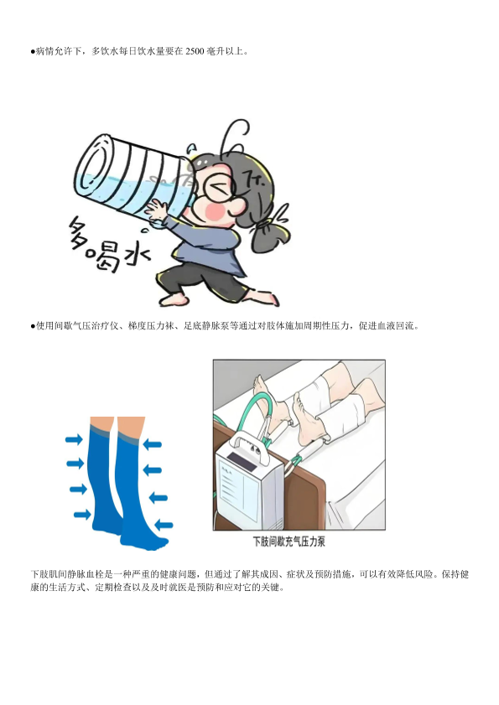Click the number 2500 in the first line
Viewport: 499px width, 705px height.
pos(195,51)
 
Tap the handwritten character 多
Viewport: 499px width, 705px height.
pos(83,232)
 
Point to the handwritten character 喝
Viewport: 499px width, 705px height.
pos(105,257)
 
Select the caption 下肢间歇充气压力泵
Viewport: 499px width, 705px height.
pos(288,542)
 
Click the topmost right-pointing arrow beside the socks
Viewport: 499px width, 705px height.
pos(74,438)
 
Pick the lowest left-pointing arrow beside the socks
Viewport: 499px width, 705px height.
pos(164,524)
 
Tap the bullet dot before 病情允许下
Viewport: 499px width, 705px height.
pos(33,52)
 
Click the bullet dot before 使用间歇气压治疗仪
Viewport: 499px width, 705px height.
pos(33,326)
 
